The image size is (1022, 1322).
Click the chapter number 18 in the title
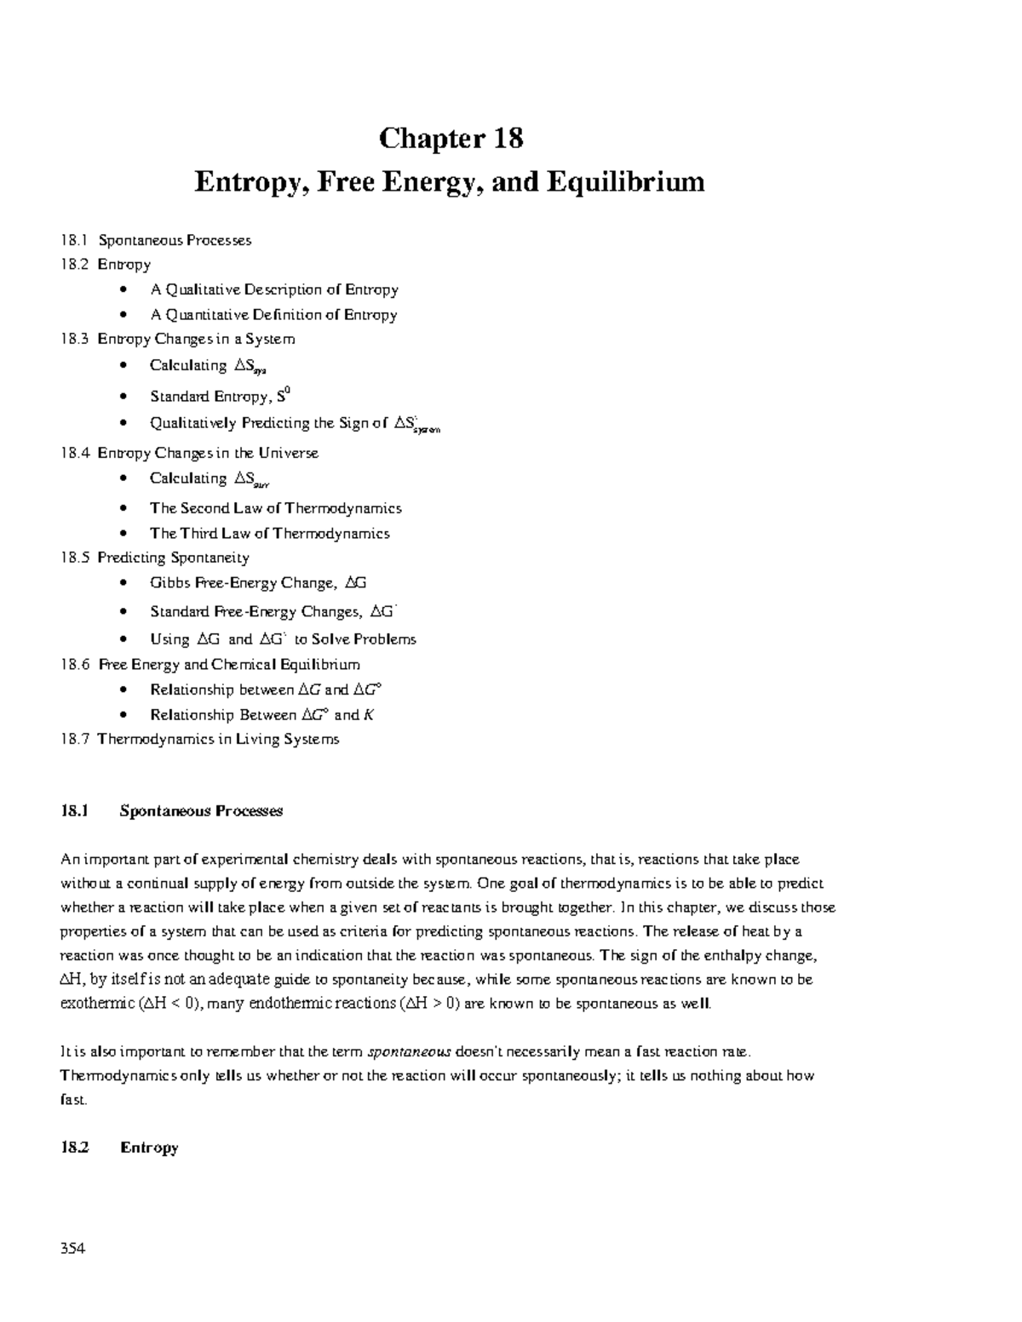(504, 138)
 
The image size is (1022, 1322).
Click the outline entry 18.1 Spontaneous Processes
(156, 240)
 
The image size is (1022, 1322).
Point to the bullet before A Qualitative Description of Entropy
(125, 290)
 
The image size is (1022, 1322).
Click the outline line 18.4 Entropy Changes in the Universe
(189, 453)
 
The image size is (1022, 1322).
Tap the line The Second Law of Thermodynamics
(275, 508)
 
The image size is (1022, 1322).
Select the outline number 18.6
(75, 664)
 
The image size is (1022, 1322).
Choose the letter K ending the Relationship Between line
(368, 715)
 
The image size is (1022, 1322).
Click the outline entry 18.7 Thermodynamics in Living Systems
(200, 739)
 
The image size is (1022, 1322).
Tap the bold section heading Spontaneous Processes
(201, 811)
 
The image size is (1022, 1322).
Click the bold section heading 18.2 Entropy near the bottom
(119, 1147)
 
